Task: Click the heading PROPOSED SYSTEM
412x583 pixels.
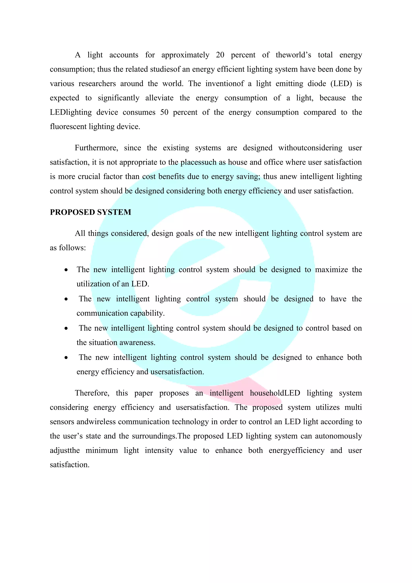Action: pyautogui.click(x=90, y=212)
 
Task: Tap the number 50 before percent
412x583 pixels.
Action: pyautogui.click(x=164, y=112)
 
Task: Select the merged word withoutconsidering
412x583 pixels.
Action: pyautogui.click(x=310, y=148)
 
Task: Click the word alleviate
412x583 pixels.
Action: pyautogui.click(x=159, y=98)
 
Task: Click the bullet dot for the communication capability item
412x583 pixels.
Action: pyautogui.click(x=66, y=299)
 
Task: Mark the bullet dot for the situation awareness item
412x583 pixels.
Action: pyautogui.click(x=66, y=329)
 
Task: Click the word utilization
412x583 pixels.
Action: pyautogui.click(x=93, y=284)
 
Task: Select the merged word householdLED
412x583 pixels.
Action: pyautogui.click(x=275, y=393)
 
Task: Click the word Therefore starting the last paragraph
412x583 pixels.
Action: pyautogui.click(x=92, y=393)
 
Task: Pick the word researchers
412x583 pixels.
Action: pyautogui.click(x=97, y=84)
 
